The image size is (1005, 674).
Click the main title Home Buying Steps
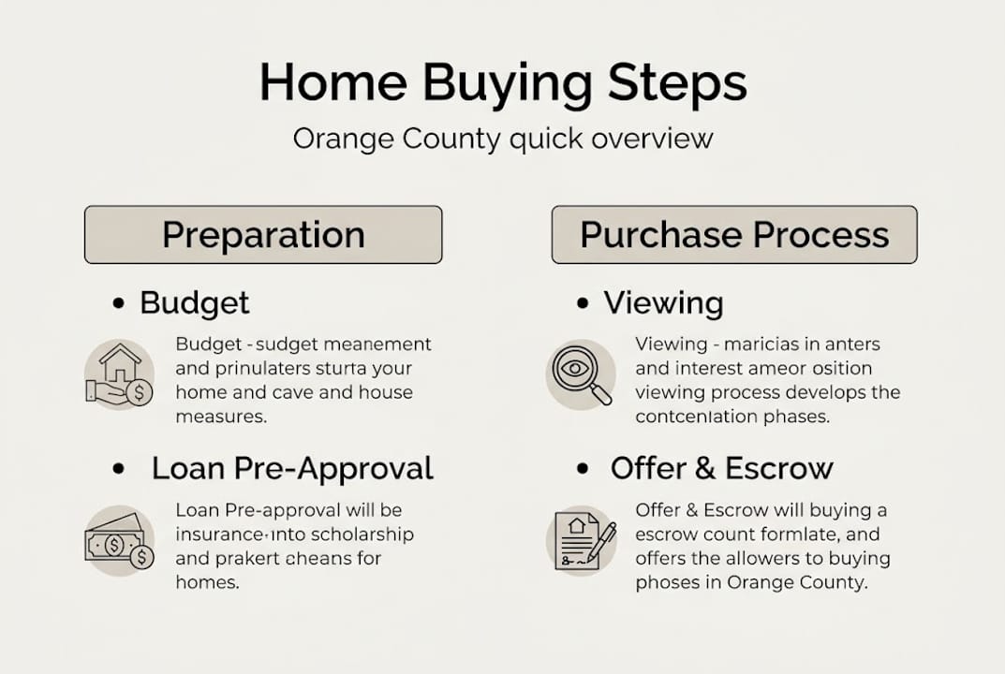pyautogui.click(x=503, y=82)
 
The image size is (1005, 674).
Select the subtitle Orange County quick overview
pyautogui.click(x=503, y=139)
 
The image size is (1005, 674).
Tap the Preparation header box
pyautogui.click(x=263, y=234)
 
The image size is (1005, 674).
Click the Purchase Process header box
pyautogui.click(x=734, y=234)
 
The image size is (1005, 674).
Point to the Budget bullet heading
pyautogui.click(x=195, y=303)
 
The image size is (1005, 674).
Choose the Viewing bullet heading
pyautogui.click(x=663, y=303)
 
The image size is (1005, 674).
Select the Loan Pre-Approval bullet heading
pyautogui.click(x=292, y=468)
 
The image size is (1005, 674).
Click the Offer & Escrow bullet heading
pyautogui.click(x=721, y=468)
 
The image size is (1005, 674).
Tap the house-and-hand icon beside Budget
pyautogui.click(x=119, y=375)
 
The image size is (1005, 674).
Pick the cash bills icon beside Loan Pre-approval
pyautogui.click(x=119, y=541)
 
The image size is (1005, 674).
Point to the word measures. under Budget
pyautogui.click(x=222, y=417)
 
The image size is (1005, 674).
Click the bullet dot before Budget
pyautogui.click(x=118, y=304)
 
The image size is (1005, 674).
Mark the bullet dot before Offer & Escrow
pyautogui.click(x=583, y=469)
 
